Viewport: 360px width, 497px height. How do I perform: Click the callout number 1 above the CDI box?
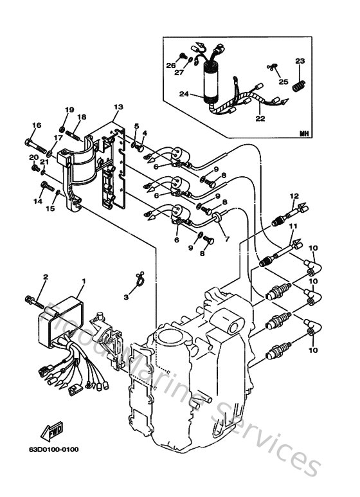[83, 280]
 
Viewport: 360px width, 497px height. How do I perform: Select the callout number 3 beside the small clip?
[126, 298]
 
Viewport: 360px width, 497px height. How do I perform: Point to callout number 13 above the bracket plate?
[118, 107]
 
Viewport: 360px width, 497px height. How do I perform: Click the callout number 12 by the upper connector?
[294, 195]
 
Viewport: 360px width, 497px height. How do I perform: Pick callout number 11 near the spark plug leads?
[293, 227]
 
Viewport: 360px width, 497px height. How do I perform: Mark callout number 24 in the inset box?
[184, 94]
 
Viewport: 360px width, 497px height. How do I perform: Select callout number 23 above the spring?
[299, 61]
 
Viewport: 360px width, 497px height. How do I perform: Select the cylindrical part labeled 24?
[210, 83]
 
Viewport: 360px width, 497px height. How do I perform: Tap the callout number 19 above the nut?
[69, 111]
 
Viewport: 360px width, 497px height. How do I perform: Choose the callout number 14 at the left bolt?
[38, 201]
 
